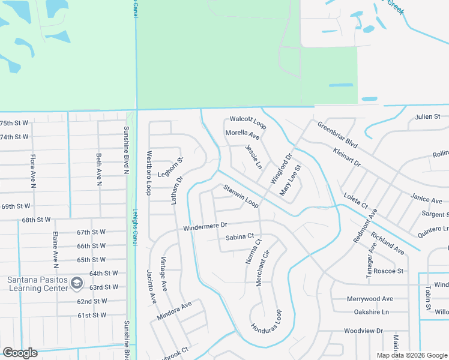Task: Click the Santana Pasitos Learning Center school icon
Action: tap(77, 283)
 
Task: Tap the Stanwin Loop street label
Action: tap(241, 196)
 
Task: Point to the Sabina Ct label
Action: tap(240, 238)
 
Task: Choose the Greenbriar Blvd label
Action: tap(337, 136)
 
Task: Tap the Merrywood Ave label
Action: tap(370, 299)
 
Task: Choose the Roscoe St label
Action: tap(388, 271)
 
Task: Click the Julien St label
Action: tap(428, 116)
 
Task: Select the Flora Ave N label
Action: tap(32, 169)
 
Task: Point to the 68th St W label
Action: tap(36, 220)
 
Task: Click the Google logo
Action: tap(20, 353)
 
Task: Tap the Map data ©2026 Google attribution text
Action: tap(412, 355)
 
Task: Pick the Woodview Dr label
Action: tap(363, 331)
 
